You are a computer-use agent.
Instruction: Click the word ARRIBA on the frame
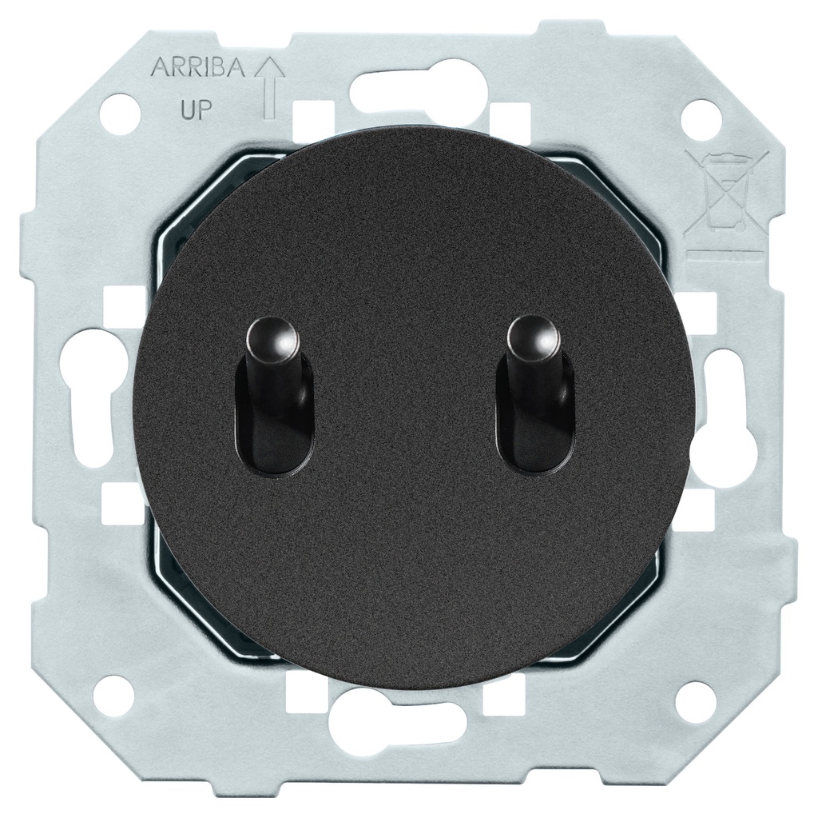tap(198, 69)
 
